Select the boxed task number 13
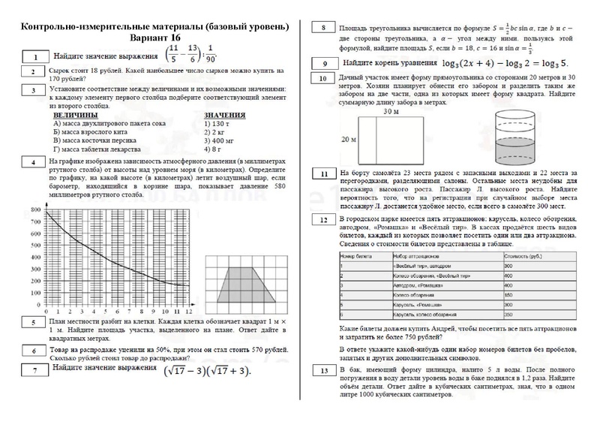(x=322, y=371)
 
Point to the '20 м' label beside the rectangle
(x=349, y=140)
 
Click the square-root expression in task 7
(x=202, y=371)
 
